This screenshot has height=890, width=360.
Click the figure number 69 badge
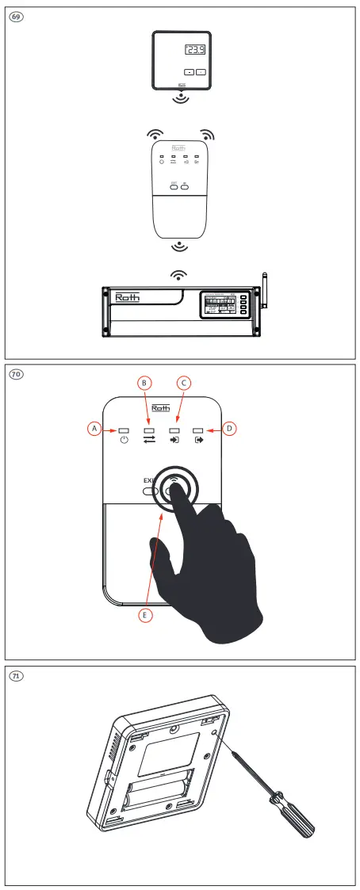(x=14, y=17)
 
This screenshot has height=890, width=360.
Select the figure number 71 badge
(x=14, y=675)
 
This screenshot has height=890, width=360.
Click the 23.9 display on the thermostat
(x=195, y=51)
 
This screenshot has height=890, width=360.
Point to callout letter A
(x=93, y=428)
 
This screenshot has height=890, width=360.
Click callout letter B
(x=144, y=383)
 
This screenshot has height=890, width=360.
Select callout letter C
(x=183, y=383)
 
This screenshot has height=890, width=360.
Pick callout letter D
(x=230, y=428)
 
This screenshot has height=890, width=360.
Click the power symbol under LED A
(x=124, y=441)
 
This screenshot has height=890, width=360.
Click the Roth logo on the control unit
(x=127, y=298)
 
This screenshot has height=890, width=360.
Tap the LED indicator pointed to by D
(x=197, y=429)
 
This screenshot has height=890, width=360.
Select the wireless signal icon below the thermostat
(x=182, y=100)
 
